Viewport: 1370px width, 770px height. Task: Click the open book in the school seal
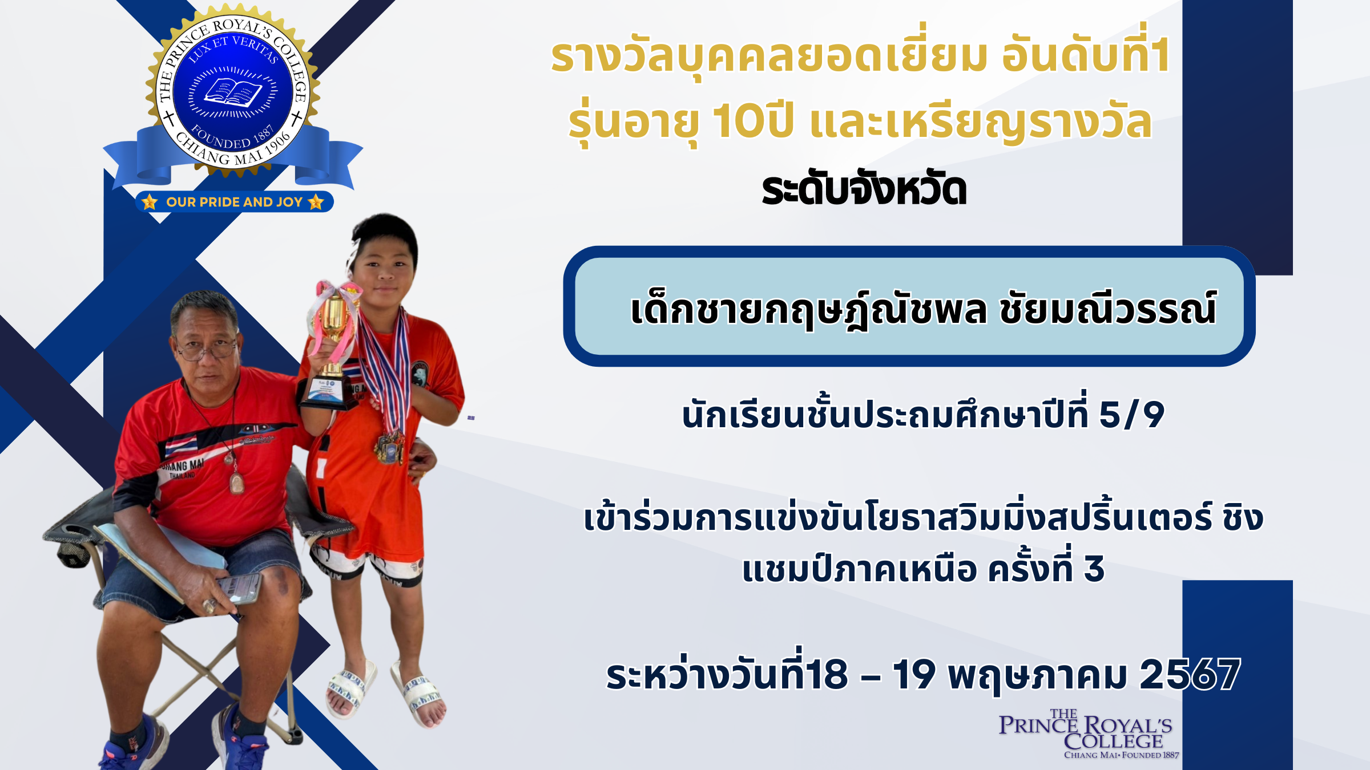[233, 92]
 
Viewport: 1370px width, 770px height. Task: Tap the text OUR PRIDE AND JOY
[234, 202]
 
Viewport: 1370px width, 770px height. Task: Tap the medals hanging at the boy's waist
[390, 447]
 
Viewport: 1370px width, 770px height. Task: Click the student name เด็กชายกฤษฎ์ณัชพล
[808, 309]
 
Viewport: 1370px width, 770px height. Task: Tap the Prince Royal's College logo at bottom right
[1087, 735]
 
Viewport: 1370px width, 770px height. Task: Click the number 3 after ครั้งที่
[1094, 569]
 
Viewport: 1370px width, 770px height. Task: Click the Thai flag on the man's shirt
[182, 445]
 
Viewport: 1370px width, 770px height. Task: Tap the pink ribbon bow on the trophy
[337, 294]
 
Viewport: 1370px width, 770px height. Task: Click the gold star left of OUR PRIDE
[150, 202]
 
